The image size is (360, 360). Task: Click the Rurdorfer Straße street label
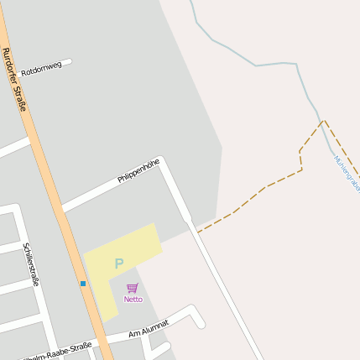15,79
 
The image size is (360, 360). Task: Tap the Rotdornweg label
41,68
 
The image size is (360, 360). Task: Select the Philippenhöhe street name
138,170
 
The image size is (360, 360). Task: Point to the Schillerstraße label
31,263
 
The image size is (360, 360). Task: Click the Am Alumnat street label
149,328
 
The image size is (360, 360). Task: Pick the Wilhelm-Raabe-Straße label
59,352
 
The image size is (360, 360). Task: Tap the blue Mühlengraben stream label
346,171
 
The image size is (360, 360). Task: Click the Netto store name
133,299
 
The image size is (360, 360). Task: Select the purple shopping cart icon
133,288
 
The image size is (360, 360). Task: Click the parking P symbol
118,263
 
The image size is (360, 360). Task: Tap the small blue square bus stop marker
83,284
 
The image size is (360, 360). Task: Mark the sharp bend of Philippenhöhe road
162,159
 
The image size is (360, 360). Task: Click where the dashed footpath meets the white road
198,231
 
